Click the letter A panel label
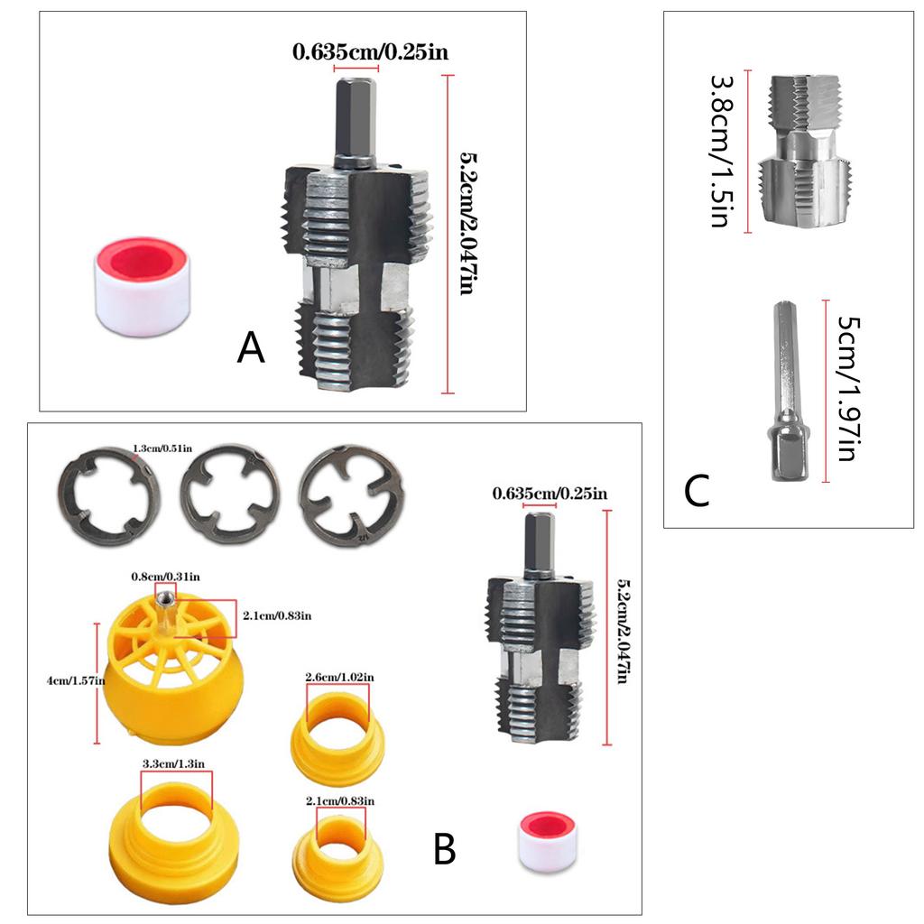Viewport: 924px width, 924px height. click(251, 348)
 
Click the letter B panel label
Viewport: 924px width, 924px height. click(444, 849)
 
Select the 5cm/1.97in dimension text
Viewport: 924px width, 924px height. click(845, 388)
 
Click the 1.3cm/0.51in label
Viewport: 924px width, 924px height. click(168, 448)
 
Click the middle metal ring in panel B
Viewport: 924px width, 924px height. click(230, 494)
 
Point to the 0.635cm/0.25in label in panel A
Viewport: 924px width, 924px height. click(370, 51)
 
